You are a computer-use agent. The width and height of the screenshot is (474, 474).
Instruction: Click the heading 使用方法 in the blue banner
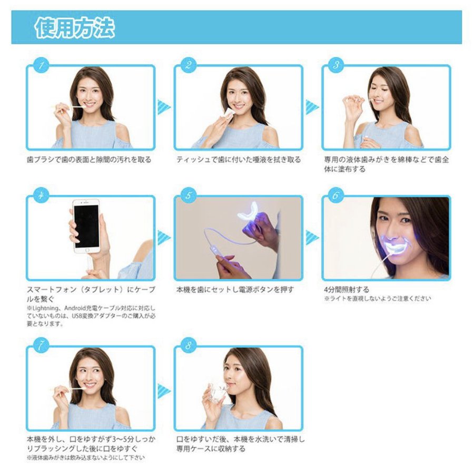pos(74,28)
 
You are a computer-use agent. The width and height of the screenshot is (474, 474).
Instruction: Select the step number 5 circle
pos(189,196)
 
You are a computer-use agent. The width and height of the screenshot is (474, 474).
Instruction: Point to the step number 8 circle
pos(189,346)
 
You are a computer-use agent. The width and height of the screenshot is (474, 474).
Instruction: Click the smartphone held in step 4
pos(87,226)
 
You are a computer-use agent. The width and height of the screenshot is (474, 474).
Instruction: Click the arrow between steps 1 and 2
pos(164,107)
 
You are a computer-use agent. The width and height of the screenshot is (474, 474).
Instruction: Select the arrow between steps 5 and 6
pos(312,238)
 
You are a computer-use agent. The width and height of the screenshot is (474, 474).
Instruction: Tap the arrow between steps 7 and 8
pos(164,390)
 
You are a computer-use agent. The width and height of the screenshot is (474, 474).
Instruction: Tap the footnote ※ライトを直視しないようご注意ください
pos(377,299)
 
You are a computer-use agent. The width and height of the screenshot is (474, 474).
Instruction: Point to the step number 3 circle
pos(336,66)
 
